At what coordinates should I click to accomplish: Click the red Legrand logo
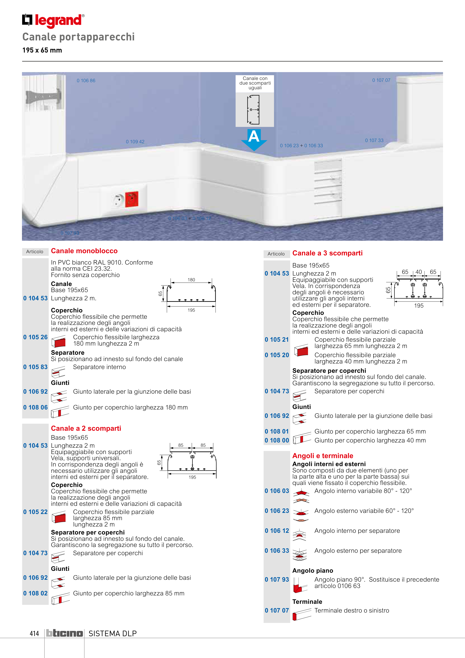coord(53,21)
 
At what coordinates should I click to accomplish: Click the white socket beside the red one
coord(118,200)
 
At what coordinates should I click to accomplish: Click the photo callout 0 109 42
coord(135,142)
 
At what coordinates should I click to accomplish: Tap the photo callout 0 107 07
coord(381,80)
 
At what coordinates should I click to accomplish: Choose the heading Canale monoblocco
coord(84,251)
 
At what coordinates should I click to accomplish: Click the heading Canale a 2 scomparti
coord(86,428)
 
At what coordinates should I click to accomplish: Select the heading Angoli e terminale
coord(323,456)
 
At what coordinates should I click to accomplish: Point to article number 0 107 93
coord(277,579)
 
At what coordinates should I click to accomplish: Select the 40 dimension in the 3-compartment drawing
coord(419,272)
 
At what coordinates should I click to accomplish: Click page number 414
coord(34,633)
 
